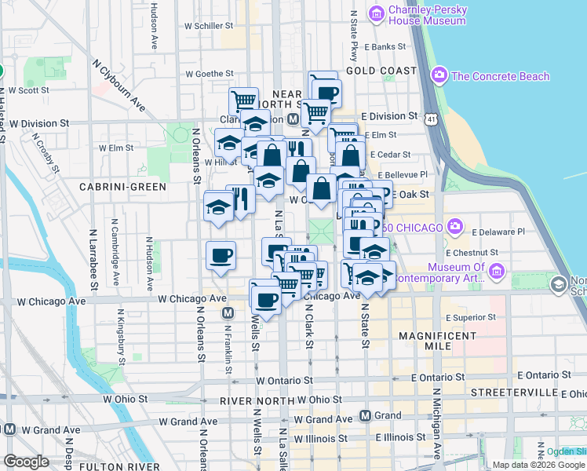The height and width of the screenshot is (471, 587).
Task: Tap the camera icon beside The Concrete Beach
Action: click(439, 76)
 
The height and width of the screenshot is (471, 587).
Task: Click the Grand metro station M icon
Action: click(365, 415)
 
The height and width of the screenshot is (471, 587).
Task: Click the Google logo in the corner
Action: click(26, 462)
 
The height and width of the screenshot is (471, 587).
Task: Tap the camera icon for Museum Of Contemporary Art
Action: click(496, 272)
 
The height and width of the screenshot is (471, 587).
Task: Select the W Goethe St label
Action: click(210, 74)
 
